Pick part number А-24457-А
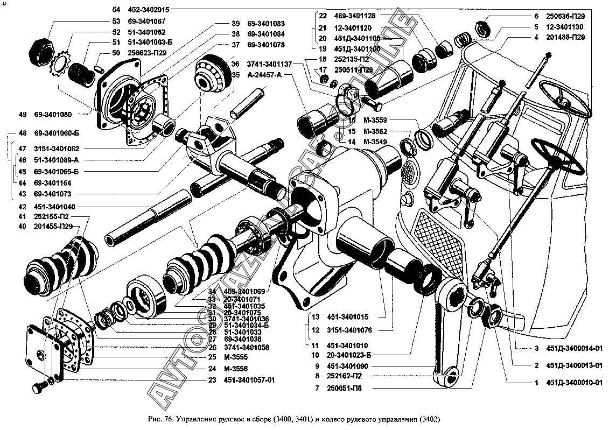click(x=264, y=75)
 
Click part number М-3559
click(x=375, y=119)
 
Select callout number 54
click(x=116, y=10)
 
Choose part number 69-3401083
click(x=266, y=24)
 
